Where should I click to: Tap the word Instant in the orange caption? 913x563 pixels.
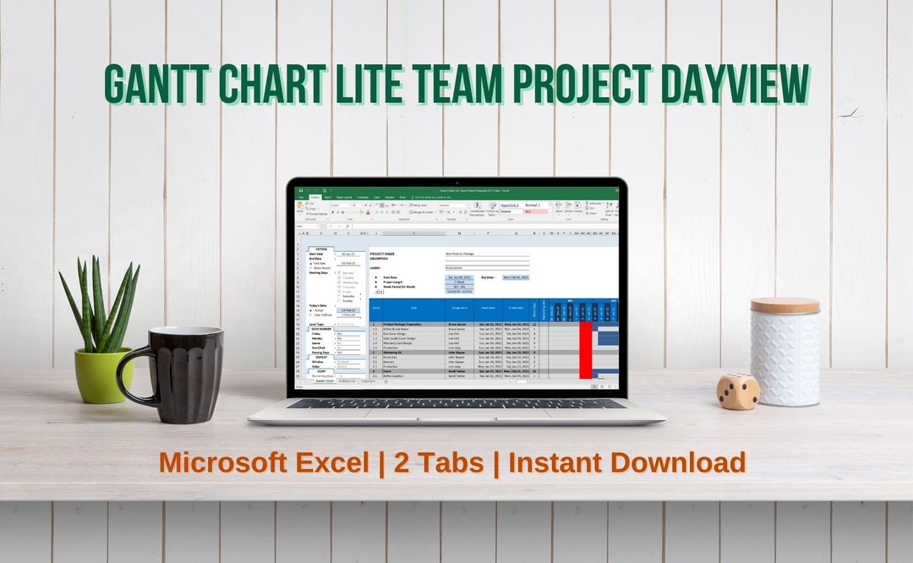point(550,462)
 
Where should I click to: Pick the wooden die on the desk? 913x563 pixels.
point(738,391)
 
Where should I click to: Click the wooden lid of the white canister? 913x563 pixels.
point(785,306)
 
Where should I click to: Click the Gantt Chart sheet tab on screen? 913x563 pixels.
point(324,381)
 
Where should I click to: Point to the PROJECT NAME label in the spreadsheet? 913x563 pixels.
point(382,254)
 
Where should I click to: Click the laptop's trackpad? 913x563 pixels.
point(456,416)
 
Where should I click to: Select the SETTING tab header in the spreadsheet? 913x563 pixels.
point(321,249)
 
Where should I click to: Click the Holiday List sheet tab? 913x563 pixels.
point(347,381)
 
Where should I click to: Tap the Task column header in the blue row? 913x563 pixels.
point(413,309)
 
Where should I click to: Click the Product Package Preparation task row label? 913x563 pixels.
point(404,324)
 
